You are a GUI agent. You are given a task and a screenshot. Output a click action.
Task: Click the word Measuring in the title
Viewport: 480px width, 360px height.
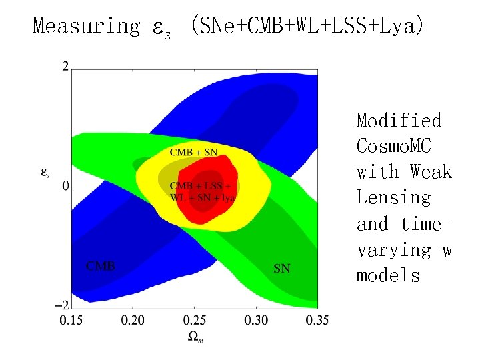[86, 26]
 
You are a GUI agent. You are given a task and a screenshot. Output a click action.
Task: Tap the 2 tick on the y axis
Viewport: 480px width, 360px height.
[65, 65]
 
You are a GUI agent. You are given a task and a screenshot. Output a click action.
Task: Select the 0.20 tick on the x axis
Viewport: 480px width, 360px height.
[133, 321]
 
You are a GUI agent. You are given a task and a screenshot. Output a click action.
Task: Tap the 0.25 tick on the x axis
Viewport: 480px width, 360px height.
[194, 321]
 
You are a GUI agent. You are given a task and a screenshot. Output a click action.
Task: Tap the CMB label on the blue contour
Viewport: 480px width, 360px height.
[100, 266]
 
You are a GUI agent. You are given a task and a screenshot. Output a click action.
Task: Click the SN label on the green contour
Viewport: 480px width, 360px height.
[282, 269]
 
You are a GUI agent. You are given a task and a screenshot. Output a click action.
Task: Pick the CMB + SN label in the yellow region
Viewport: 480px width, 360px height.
[193, 152]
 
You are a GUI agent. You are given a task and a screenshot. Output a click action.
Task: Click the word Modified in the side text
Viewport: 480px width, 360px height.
[399, 121]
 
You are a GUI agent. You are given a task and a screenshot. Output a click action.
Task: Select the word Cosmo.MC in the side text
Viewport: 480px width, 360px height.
[399, 146]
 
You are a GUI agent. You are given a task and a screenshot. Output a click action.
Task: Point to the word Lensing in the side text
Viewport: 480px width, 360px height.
[394, 198]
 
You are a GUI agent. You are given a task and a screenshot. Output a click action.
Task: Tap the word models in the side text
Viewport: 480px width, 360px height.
[388, 275]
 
